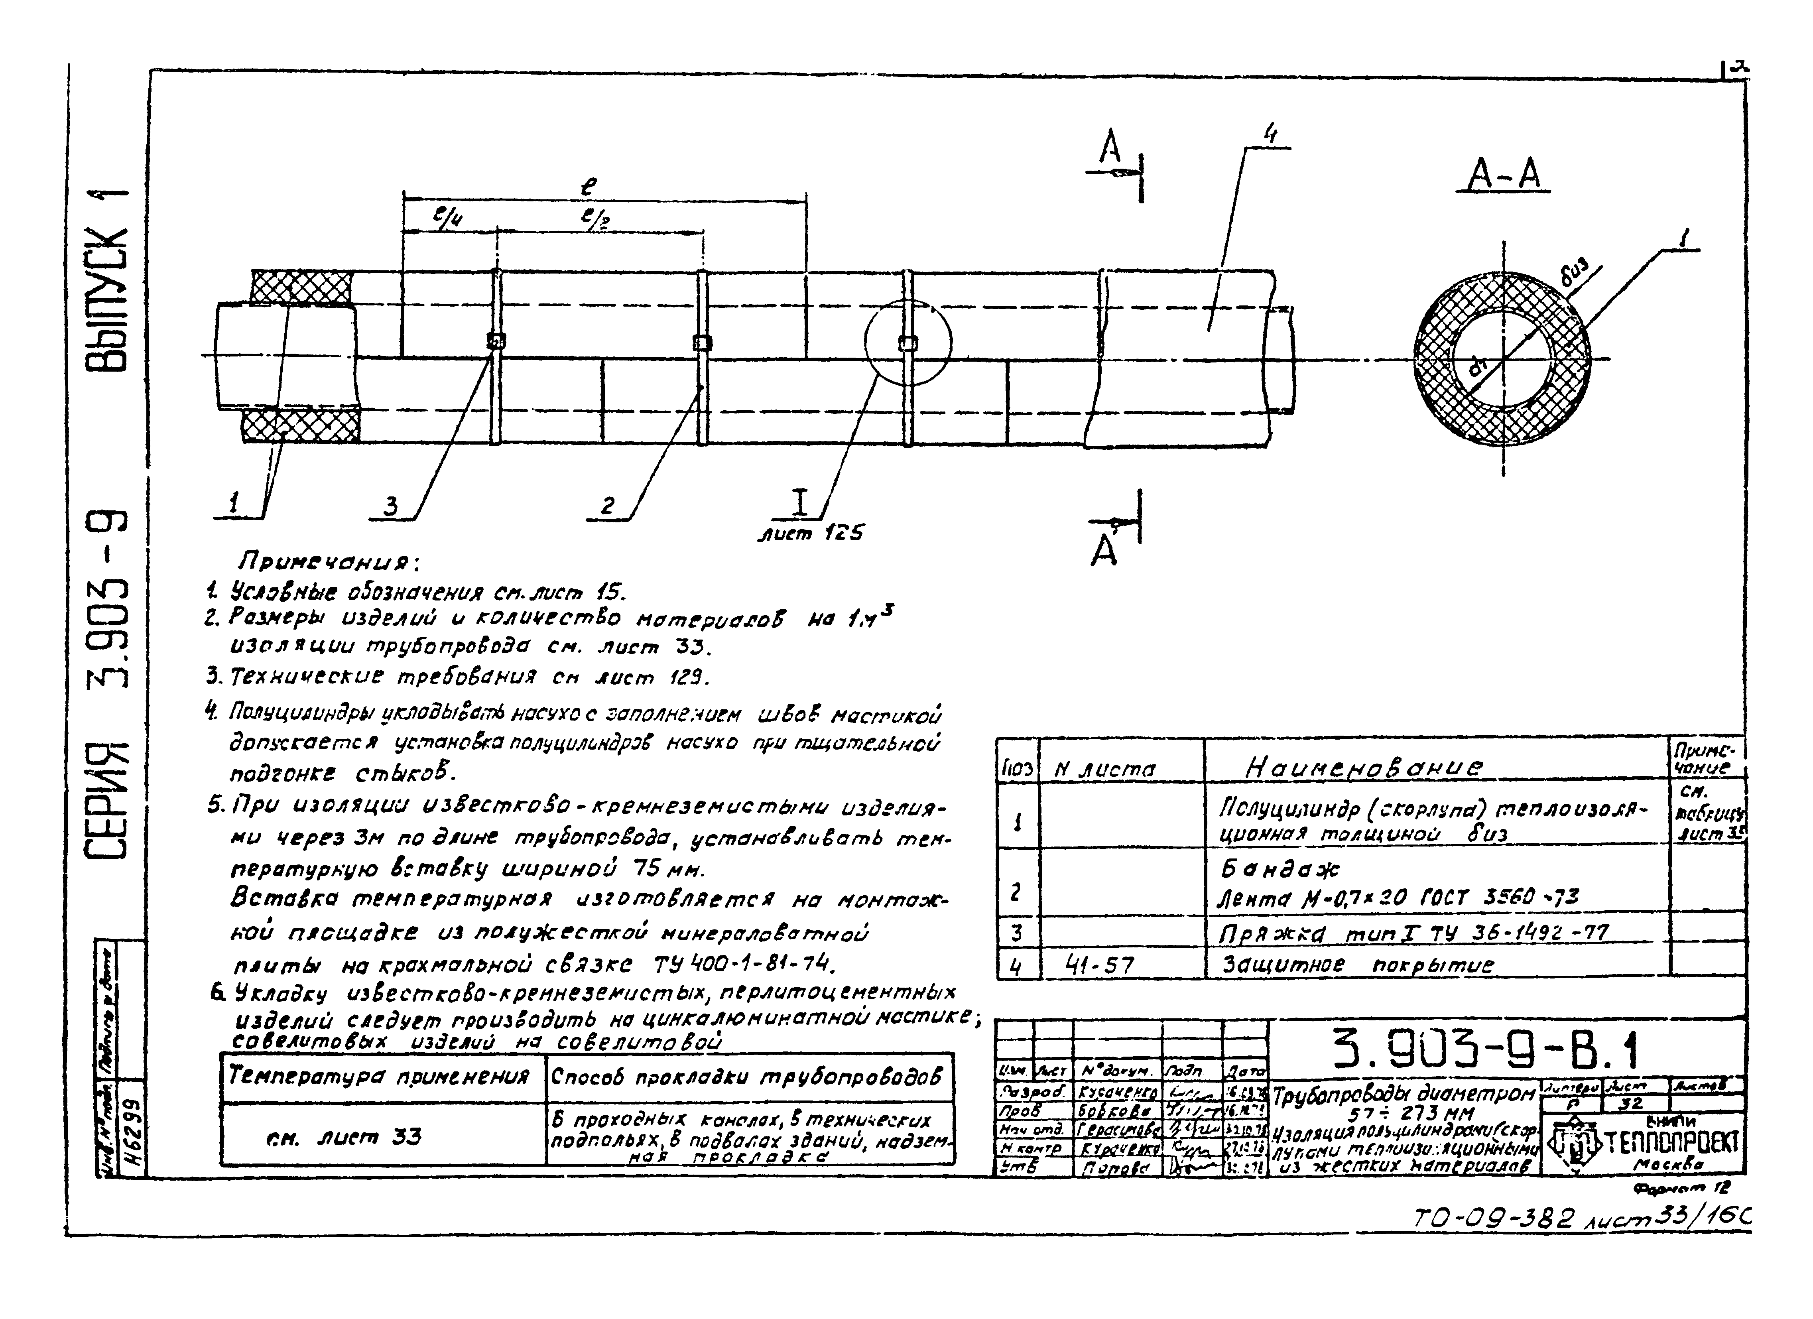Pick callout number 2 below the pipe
coord(608,505)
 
